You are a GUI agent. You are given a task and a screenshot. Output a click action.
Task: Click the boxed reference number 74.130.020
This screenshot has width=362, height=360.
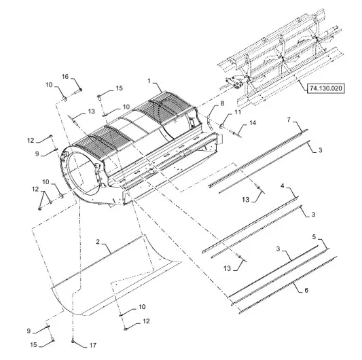(x=326, y=88)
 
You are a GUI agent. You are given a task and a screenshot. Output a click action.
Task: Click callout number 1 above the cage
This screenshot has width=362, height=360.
(x=149, y=81)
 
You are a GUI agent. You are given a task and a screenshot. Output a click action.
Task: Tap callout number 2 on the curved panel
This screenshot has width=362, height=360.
(x=98, y=242)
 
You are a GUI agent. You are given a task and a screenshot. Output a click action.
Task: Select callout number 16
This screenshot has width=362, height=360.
(x=65, y=77)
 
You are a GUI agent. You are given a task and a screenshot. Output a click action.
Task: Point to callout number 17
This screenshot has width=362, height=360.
(x=93, y=346)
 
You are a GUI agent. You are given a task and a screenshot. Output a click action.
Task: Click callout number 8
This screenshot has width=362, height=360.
(x=222, y=103)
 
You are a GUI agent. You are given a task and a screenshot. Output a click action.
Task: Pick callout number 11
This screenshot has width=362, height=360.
(x=238, y=112)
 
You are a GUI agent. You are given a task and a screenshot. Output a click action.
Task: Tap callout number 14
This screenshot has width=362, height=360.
(x=253, y=123)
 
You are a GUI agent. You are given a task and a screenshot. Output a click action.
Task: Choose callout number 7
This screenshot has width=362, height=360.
(x=289, y=120)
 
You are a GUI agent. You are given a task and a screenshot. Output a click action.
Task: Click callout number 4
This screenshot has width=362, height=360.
(x=283, y=185)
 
